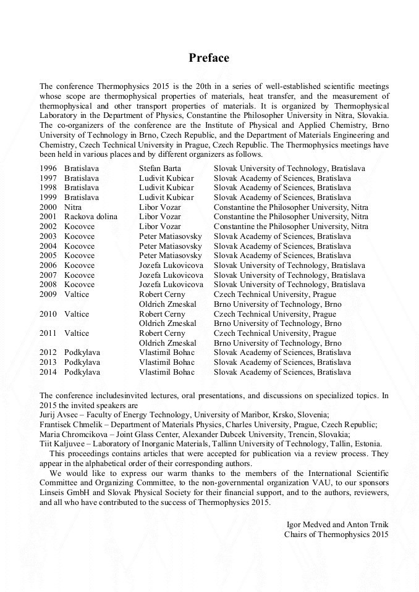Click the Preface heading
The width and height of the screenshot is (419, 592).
209,58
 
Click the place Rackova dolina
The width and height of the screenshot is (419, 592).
91,217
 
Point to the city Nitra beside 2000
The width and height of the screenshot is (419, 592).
73,207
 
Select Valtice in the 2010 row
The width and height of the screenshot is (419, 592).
77,314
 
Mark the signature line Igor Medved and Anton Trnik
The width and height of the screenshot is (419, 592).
337,524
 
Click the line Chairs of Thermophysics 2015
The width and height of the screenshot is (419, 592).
336,534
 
